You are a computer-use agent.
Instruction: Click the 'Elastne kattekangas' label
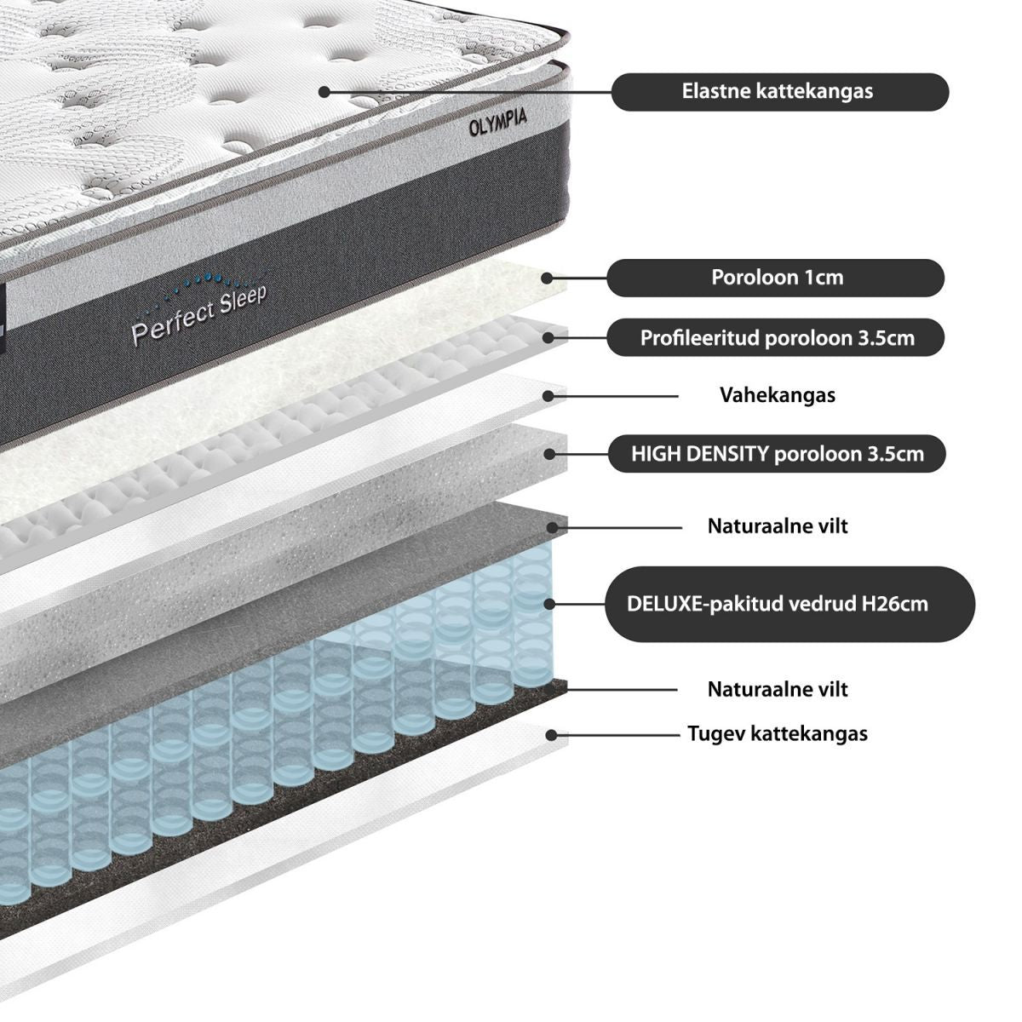point(778,91)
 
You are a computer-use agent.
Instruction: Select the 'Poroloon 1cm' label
point(777,278)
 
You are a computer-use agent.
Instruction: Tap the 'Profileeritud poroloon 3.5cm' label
point(777,338)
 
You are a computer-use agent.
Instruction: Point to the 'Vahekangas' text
point(777,395)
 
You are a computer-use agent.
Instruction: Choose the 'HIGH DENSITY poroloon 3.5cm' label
point(777,453)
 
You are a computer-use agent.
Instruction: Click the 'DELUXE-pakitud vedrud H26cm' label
point(777,604)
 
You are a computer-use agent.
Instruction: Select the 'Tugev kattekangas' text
point(777,733)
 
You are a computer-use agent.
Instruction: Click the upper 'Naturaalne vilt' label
point(777,525)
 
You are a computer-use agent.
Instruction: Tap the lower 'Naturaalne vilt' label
point(777,689)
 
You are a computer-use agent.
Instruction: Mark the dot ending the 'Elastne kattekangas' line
point(324,91)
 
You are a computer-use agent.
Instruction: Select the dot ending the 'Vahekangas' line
point(550,395)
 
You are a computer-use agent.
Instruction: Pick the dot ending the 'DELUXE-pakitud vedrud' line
point(550,604)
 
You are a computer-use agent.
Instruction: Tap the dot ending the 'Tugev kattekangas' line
point(551,734)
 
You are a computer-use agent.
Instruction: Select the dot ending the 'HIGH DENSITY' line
point(550,454)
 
